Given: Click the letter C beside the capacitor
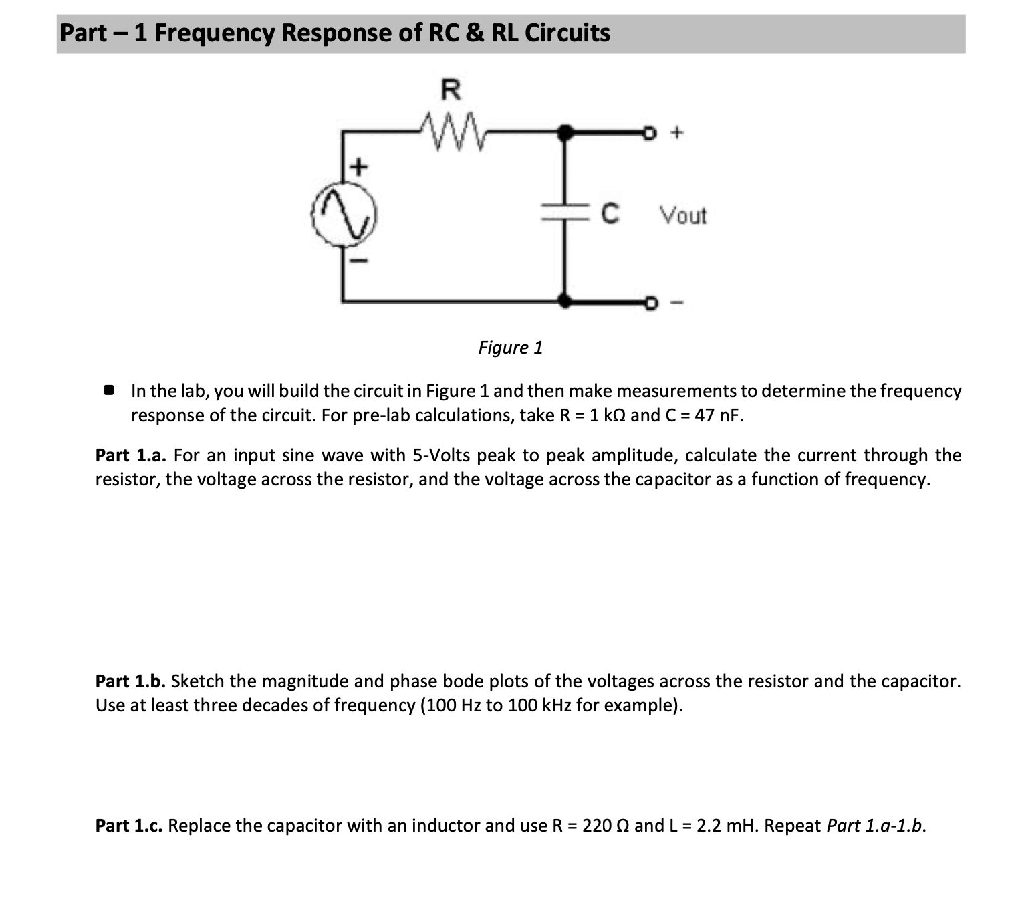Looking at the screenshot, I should pos(609,214).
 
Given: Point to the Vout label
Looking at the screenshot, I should pos(682,216).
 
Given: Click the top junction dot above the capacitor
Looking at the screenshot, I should pos(565,133).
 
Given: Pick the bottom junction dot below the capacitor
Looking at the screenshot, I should pos(565,301).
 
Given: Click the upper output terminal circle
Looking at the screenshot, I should pos(647,134).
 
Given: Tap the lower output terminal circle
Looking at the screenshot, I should pos(647,303).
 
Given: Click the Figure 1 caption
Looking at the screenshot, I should pos(511,348).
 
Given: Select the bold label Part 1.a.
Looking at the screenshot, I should pos(130,455).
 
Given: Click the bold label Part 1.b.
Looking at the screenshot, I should pos(130,681).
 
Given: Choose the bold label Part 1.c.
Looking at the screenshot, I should pos(129,826).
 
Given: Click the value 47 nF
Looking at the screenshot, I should pos(718,415).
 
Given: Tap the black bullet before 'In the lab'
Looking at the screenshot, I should pos(109,390).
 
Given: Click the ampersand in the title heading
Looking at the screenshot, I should pos(474,33).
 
